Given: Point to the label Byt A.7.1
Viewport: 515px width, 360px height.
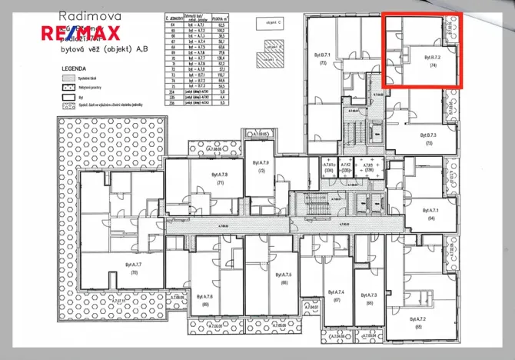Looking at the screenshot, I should point(429,209).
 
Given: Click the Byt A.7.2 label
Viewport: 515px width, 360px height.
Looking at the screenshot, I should point(419,318).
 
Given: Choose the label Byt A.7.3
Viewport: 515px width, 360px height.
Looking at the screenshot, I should point(371,295).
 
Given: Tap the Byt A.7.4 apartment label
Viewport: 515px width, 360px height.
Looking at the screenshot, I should point(337,293).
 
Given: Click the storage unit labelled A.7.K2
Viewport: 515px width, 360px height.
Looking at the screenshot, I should point(347,165).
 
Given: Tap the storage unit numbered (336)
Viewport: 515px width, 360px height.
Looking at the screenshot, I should point(368,172).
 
